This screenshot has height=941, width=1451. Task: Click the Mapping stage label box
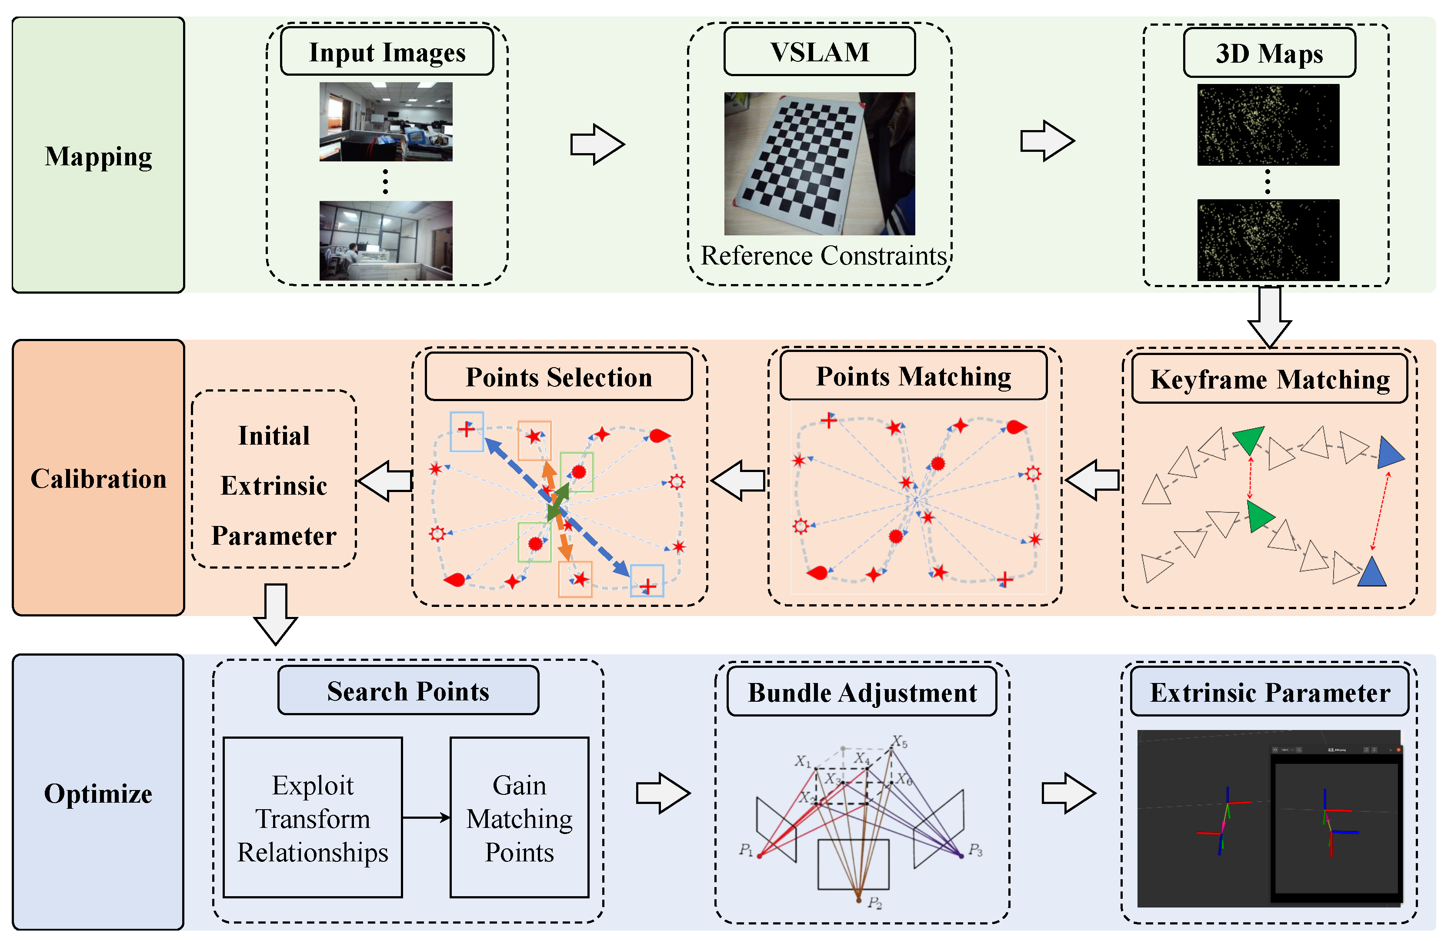98,155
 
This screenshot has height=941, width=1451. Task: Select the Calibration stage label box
98,478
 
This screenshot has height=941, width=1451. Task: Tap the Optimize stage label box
98,793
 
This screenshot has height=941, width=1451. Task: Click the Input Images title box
387,52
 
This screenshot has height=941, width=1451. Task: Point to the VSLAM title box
819,52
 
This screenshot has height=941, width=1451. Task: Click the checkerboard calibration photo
819,164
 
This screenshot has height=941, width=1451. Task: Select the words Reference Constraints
823,255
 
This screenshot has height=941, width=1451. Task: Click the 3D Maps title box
1269,53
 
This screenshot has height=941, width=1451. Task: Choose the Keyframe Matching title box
1269,379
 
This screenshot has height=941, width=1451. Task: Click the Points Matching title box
913,376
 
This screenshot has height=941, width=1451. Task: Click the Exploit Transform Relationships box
312,817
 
